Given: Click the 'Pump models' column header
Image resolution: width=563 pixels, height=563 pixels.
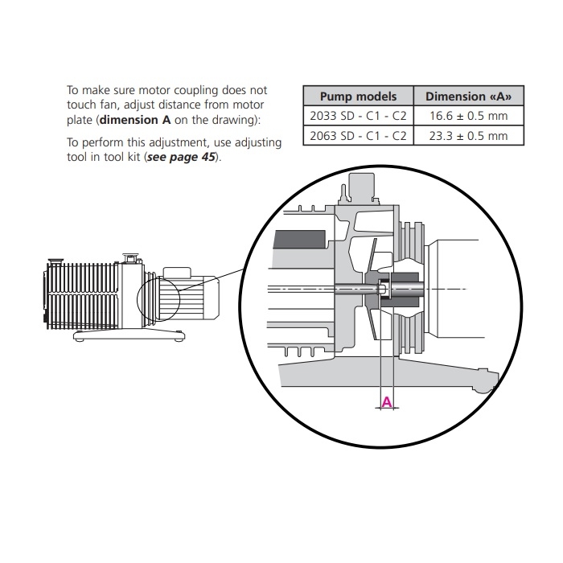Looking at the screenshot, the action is point(358,97).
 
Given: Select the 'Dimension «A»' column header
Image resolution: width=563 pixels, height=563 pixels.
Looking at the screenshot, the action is point(468,97).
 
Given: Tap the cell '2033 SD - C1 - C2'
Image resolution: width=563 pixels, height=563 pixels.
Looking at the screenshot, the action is point(358,116).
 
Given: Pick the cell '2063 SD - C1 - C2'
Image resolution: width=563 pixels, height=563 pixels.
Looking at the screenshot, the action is point(358,136).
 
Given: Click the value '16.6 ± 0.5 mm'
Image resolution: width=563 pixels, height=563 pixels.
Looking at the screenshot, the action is point(468,116).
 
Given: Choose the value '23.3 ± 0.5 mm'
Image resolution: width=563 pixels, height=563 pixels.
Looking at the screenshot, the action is point(468,136).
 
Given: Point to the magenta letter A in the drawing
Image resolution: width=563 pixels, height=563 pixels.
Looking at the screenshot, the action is point(387,402).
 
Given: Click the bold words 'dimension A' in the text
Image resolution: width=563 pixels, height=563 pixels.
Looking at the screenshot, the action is point(135,120).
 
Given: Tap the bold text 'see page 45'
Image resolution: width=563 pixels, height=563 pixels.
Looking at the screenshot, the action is point(181,158).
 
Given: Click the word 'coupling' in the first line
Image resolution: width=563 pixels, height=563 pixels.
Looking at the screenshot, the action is point(195,90).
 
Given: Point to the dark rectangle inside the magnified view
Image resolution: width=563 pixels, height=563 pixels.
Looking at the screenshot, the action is point(300,240).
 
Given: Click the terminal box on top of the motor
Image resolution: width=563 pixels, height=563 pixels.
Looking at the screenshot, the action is point(177,272).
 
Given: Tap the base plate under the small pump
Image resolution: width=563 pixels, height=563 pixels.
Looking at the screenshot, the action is point(129,336).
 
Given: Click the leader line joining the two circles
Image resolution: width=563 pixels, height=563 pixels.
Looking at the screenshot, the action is point(212,279).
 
